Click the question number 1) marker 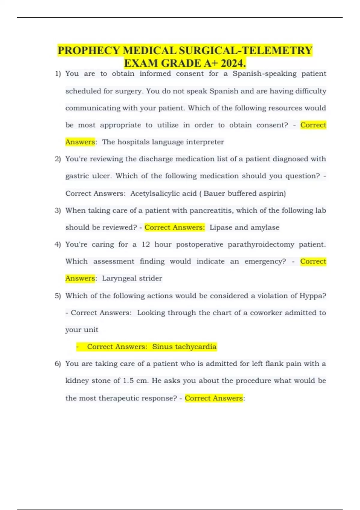click(58, 74)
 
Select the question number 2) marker click(58, 159)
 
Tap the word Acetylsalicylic click(163, 193)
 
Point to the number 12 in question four click(145, 244)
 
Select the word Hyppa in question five click(312, 296)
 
